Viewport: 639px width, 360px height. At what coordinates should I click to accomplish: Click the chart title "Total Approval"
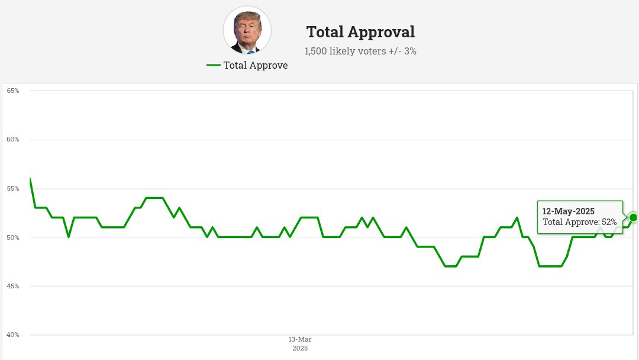point(360,32)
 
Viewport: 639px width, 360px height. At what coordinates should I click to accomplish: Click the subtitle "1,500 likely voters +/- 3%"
point(360,52)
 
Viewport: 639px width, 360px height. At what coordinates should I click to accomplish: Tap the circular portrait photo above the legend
point(247,30)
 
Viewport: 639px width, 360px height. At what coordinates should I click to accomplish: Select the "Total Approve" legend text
point(255,66)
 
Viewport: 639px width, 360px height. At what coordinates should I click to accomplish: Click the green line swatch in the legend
point(213,65)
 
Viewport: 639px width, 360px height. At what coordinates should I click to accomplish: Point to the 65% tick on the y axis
point(13,91)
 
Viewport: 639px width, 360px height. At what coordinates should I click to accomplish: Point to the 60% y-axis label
point(13,140)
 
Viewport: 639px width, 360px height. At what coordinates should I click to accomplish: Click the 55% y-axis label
point(13,188)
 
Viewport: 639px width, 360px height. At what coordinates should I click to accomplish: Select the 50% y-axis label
point(13,237)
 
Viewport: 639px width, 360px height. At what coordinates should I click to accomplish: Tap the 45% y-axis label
point(13,286)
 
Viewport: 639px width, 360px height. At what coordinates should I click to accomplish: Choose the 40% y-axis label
point(13,335)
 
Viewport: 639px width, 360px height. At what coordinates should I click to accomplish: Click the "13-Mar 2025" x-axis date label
point(300,343)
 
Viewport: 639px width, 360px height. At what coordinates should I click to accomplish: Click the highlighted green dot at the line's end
point(634,217)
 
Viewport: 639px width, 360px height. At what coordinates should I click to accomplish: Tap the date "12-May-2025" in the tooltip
point(568,211)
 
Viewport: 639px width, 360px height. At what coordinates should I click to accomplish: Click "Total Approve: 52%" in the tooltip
point(579,222)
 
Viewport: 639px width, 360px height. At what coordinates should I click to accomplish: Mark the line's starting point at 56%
point(30,178)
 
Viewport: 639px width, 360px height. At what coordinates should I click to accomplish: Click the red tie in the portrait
point(250,51)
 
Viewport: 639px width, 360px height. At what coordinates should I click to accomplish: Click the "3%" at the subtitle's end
point(409,52)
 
